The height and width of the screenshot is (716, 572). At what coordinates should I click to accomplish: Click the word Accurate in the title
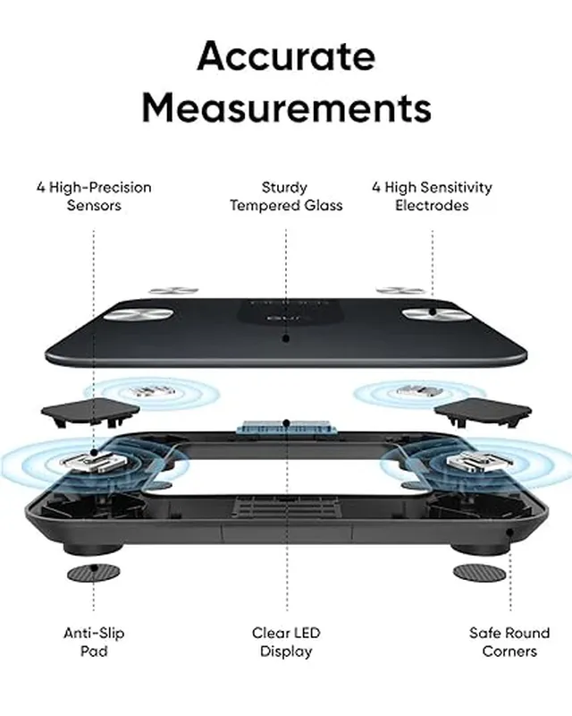(x=286, y=56)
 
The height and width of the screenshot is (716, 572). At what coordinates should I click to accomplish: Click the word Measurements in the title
(x=286, y=108)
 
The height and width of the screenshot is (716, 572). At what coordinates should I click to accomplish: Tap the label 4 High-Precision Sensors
(x=94, y=196)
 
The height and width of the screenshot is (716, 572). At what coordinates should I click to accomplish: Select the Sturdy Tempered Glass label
(x=286, y=196)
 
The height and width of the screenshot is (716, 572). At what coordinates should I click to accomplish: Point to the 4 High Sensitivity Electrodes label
(x=432, y=196)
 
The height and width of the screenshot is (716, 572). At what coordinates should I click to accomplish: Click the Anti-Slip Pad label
(x=94, y=642)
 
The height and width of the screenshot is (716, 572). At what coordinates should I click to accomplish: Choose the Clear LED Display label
(x=286, y=642)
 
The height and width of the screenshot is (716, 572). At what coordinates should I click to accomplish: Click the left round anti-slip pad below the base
(x=94, y=572)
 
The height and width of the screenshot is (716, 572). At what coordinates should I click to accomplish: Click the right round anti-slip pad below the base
(x=479, y=570)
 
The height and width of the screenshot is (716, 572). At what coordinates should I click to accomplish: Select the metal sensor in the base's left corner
(x=87, y=461)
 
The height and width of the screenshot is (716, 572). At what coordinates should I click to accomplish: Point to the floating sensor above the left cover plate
(x=147, y=391)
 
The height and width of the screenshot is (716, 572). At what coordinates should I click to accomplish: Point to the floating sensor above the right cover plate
(x=416, y=391)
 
